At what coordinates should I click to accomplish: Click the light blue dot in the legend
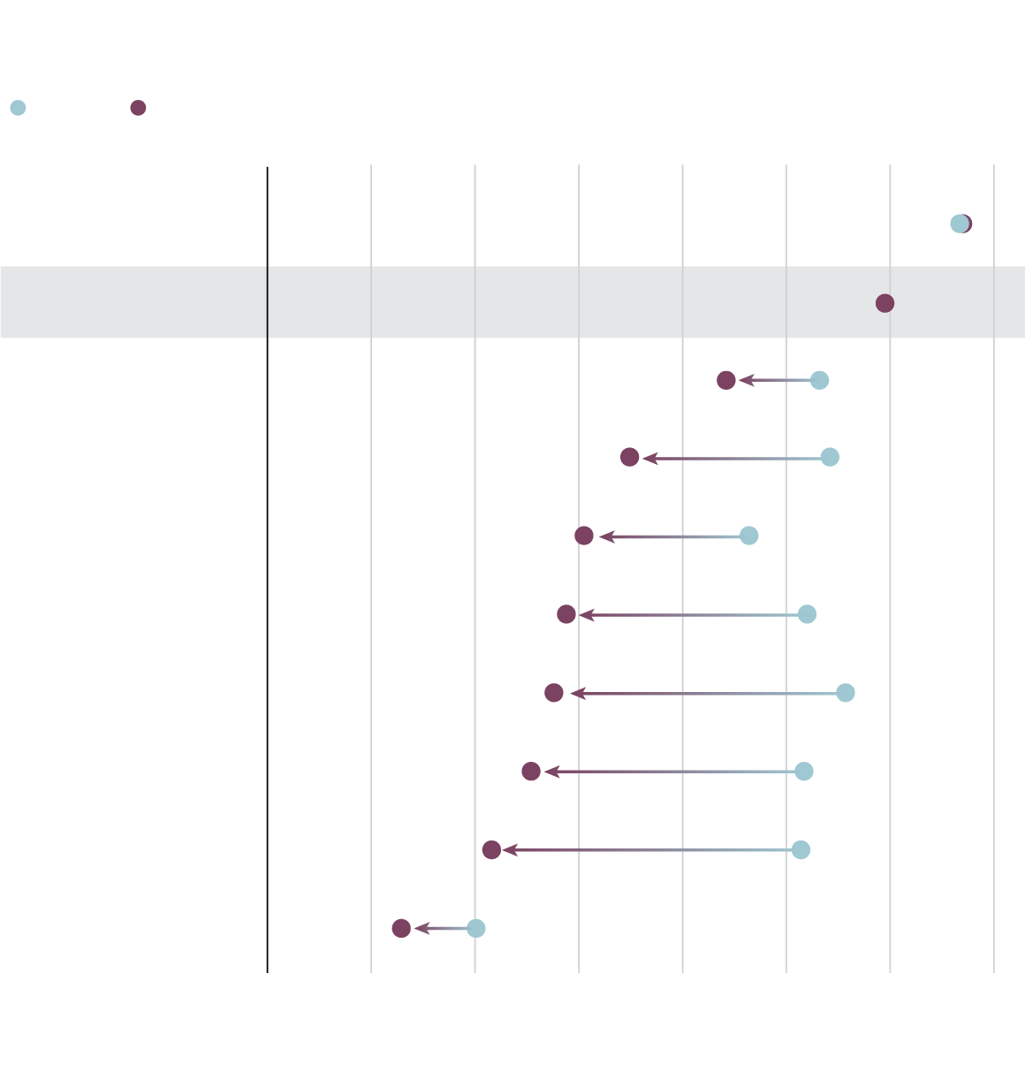tap(18, 108)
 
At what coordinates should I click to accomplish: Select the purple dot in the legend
tap(138, 108)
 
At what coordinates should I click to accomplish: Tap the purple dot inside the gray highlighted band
tap(885, 303)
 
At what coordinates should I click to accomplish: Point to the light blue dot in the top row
tap(958, 224)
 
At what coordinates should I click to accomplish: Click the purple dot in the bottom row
tap(401, 928)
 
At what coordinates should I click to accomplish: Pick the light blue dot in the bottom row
tap(476, 928)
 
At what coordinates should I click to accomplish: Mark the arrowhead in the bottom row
tap(421, 928)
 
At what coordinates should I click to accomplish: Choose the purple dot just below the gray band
tap(726, 380)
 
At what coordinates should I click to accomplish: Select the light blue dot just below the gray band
tap(820, 380)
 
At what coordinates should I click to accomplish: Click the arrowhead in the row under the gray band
tap(746, 380)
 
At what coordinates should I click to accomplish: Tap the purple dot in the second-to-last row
tap(492, 849)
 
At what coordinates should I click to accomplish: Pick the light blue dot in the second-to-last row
tap(801, 849)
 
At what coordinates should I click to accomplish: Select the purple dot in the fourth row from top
tap(629, 457)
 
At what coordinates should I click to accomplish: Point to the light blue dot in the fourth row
tap(830, 457)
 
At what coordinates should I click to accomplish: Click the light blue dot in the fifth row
tap(749, 536)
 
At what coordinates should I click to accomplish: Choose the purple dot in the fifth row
tap(584, 536)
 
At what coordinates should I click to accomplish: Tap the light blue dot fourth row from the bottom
tap(846, 693)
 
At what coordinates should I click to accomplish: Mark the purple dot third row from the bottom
tap(531, 772)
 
